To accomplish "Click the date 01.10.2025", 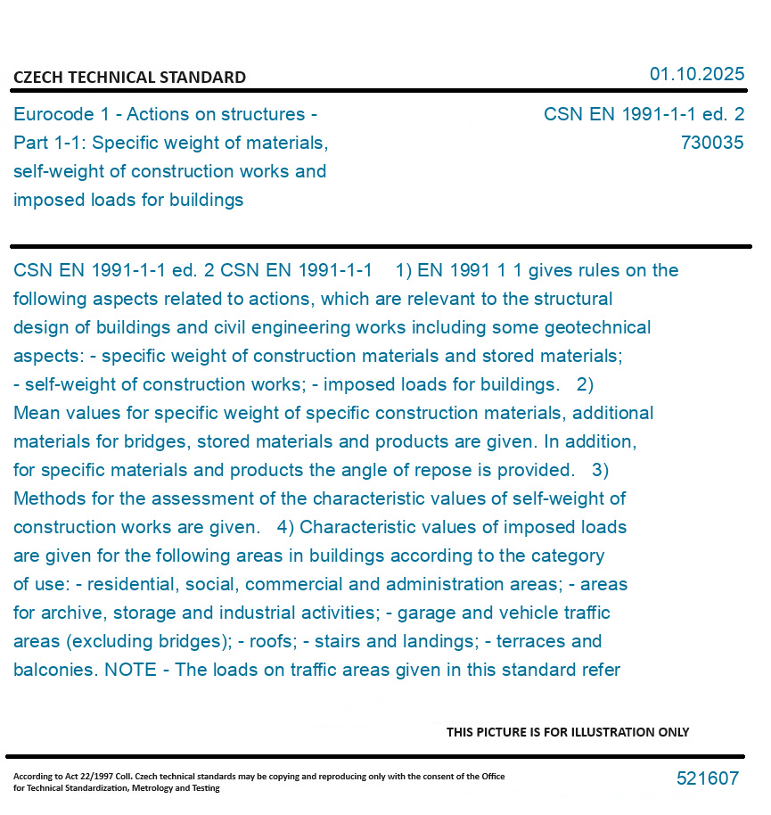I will pos(696,74).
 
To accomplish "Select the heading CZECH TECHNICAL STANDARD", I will pos(129,78).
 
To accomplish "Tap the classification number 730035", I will pos(711,143).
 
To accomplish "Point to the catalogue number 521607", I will pos(707,778).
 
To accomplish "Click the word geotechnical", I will pos(600,327).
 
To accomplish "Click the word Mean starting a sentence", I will pos(37,413).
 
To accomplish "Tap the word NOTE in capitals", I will pos(130,670).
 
